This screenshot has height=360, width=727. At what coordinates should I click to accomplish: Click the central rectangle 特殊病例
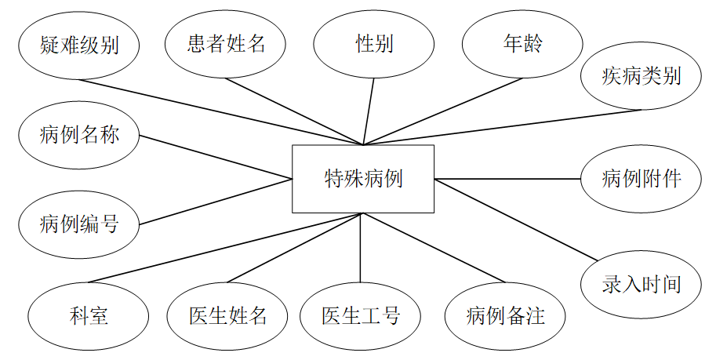pos(362,179)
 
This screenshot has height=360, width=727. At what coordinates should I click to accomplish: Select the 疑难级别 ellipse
pos(78,45)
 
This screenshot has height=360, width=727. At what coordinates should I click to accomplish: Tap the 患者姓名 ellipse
pos(227,44)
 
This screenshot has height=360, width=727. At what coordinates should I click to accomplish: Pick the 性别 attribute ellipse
pos(374,44)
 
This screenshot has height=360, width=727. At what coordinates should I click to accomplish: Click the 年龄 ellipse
pos(522,44)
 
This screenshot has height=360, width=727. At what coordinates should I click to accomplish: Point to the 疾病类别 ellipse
pos(641,76)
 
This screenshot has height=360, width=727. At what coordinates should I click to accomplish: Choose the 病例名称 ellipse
pos(78,134)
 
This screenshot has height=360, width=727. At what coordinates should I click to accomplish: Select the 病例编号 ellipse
pos(78,224)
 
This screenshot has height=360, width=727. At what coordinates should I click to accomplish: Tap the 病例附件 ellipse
pos(641,179)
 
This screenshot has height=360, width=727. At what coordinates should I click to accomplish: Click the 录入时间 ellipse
pos(641,283)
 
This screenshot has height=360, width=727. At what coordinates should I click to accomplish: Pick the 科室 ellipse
pos(89,316)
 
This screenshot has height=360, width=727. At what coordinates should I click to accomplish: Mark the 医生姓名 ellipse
pos(227,316)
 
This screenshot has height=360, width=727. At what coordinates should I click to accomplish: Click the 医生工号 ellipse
pos(360,316)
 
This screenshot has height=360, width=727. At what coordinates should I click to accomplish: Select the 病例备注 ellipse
pos(505,316)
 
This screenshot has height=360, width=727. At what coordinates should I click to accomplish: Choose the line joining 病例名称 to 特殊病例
pos(216,158)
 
